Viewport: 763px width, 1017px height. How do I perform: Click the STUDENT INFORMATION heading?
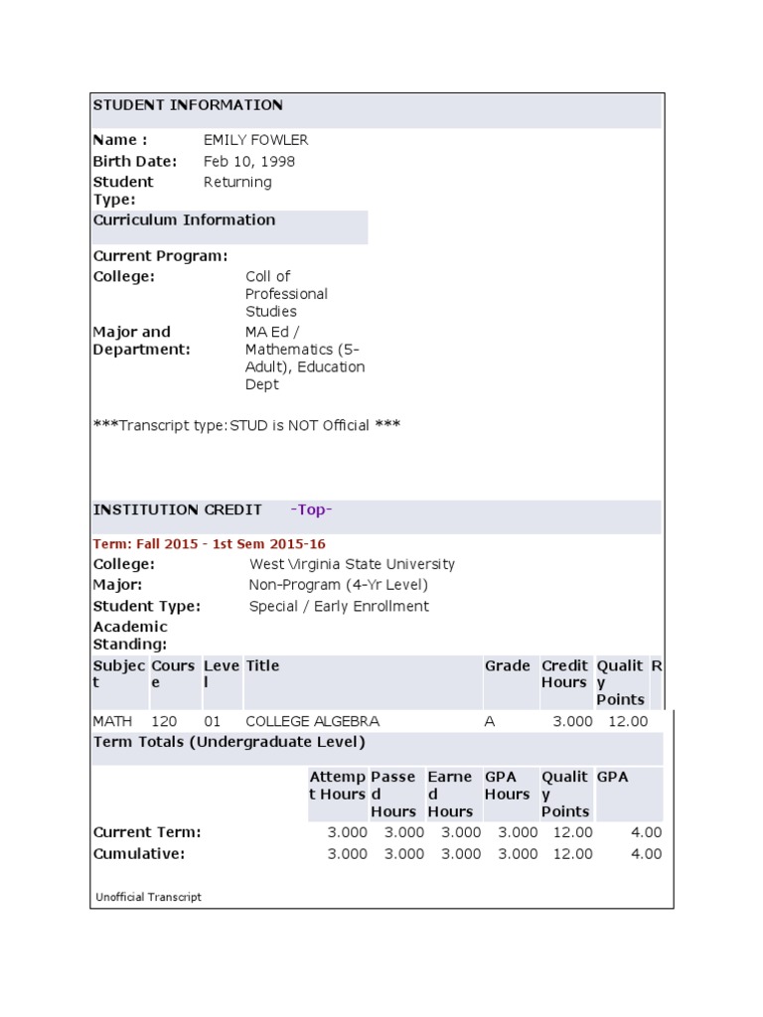pyautogui.click(x=188, y=105)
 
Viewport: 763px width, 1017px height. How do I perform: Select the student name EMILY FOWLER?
pyautogui.click(x=255, y=140)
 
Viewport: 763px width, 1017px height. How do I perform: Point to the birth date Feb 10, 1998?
pyautogui.click(x=248, y=161)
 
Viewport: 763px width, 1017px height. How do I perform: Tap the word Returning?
pyautogui.click(x=236, y=182)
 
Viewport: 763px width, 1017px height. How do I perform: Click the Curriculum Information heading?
pyautogui.click(x=184, y=219)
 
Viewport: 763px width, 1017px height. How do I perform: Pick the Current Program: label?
pyautogui.click(x=160, y=255)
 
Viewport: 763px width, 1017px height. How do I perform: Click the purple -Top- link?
pyautogui.click(x=311, y=509)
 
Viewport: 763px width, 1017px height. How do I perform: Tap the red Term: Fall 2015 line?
pyautogui.click(x=209, y=544)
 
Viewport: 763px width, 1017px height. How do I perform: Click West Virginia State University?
pyautogui.click(x=352, y=564)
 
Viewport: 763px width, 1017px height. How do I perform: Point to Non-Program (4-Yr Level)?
pyautogui.click(x=338, y=585)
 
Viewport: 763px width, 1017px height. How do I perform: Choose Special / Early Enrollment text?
pyautogui.click(x=339, y=606)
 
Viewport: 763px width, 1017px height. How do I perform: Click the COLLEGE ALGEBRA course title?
pyautogui.click(x=312, y=721)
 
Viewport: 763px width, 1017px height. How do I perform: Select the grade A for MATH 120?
pyautogui.click(x=489, y=721)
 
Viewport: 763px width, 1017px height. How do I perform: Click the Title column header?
pyautogui.click(x=262, y=665)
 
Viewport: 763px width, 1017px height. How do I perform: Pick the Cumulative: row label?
pyautogui.click(x=138, y=854)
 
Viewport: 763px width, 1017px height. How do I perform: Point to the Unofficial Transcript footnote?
pyautogui.click(x=148, y=897)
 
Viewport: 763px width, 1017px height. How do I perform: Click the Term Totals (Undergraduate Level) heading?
pyautogui.click(x=229, y=742)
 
